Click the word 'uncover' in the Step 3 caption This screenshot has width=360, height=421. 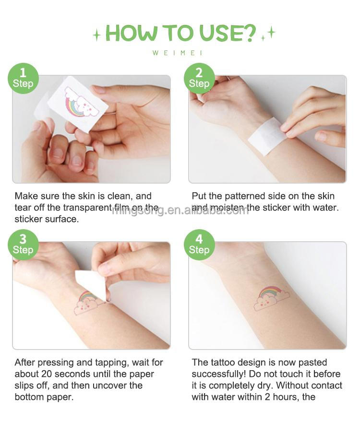click(111, 385)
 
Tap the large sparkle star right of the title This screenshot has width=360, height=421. click(271, 32)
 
